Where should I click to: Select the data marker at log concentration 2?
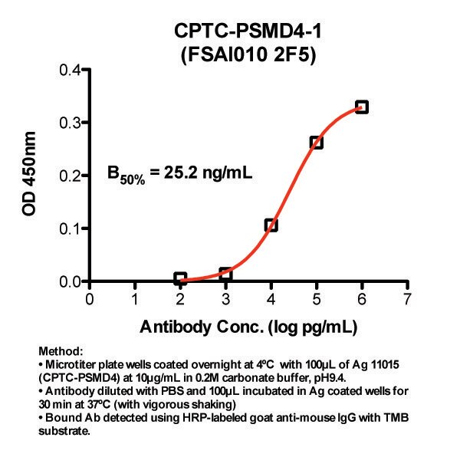tap(180, 278)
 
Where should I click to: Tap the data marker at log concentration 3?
tap(225, 274)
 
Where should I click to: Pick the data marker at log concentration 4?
tap(271, 225)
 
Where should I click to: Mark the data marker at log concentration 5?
tap(316, 142)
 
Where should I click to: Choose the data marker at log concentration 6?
tap(362, 107)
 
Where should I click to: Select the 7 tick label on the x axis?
tap(407, 298)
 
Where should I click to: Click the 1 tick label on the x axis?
tap(135, 298)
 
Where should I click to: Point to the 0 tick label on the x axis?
tap(90, 298)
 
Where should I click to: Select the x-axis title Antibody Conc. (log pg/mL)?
tap(249, 326)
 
